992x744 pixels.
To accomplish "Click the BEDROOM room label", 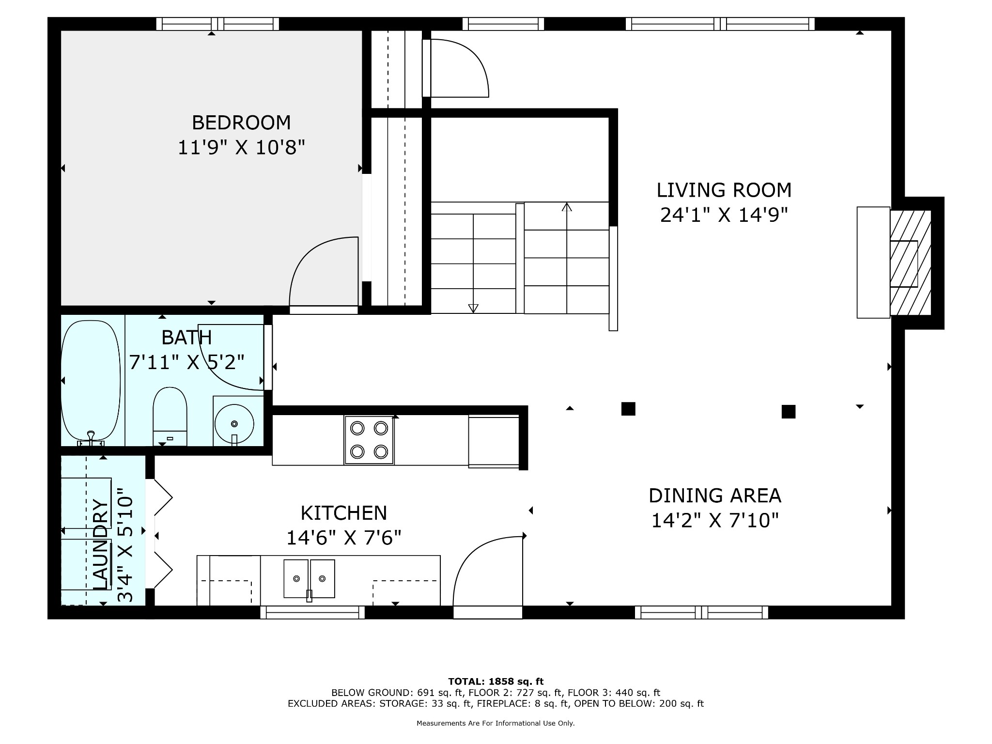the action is click(x=241, y=123).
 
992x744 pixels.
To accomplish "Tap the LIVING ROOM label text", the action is click(x=724, y=190).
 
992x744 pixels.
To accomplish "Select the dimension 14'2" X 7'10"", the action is click(x=715, y=520).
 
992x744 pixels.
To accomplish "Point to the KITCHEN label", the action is click(x=344, y=513).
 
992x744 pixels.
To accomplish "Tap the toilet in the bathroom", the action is click(x=170, y=416).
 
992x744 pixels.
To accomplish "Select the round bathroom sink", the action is click(x=234, y=423).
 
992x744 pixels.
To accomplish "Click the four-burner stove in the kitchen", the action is click(x=369, y=440).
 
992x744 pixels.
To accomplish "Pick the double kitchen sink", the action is click(x=309, y=578).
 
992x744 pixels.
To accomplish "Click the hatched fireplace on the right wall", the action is click(x=911, y=263).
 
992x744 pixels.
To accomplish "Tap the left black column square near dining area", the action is click(x=628, y=409).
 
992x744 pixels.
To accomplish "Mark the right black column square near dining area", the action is click(x=789, y=412).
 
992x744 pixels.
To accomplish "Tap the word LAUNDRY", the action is click(x=100, y=544).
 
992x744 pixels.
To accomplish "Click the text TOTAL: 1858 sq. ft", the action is click(x=496, y=682).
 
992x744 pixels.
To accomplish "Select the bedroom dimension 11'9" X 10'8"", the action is click(x=241, y=147).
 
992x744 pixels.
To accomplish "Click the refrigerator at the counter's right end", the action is click(x=494, y=441).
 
